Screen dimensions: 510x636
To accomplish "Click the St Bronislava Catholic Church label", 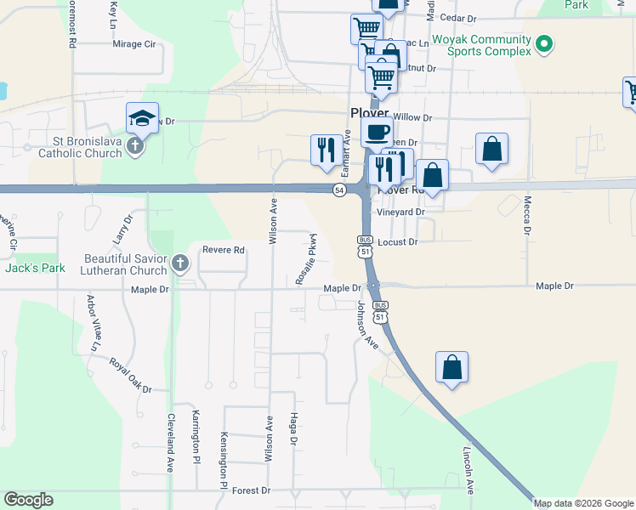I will tap(81, 147).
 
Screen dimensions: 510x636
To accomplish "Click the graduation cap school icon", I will tap(143, 118).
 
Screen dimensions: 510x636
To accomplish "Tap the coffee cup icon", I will tap(377, 133).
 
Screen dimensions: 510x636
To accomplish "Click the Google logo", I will tap(28, 500).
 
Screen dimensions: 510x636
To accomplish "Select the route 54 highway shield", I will tap(339, 190).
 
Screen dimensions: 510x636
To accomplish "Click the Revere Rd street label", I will tap(224, 250).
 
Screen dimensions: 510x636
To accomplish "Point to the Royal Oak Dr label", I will tap(129, 375).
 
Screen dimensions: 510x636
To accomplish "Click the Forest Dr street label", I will tap(251, 490).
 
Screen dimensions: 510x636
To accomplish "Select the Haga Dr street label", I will tap(294, 430).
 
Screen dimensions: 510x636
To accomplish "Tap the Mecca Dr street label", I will tap(527, 216).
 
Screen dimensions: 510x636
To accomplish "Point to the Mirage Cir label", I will tap(134, 43).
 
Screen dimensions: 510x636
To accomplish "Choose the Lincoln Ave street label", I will tap(468, 470).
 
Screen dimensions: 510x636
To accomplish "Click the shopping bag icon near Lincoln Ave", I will tap(452, 367).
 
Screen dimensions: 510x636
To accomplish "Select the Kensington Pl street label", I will tap(224, 457).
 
